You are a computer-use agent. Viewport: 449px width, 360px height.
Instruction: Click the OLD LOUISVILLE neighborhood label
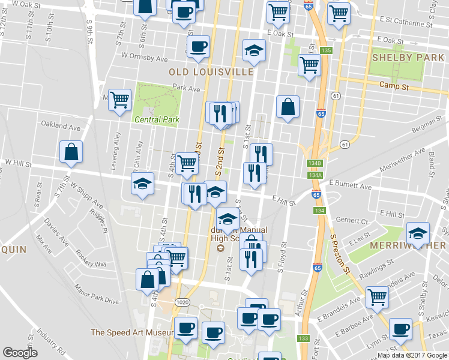pyautogui.click(x=211, y=71)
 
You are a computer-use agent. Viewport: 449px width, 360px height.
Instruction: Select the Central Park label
pyautogui.click(x=157, y=119)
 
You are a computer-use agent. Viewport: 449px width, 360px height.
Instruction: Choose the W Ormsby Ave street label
pyautogui.click(x=144, y=59)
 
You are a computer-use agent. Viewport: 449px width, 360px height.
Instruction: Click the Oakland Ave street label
pyautogui.click(x=59, y=127)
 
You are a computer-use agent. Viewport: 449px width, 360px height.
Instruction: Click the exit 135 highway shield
pyautogui.click(x=326, y=50)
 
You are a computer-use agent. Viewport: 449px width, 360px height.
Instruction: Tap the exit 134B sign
pyautogui.click(x=315, y=163)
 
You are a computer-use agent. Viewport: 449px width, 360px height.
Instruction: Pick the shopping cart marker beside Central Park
pyautogui.click(x=120, y=100)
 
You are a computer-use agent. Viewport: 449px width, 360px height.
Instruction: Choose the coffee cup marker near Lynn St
pyautogui.click(x=400, y=328)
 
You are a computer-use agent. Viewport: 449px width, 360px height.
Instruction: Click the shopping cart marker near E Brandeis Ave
pyautogui.click(x=377, y=296)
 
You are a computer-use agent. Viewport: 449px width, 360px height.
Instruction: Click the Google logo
pyautogui.click(x=20, y=353)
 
